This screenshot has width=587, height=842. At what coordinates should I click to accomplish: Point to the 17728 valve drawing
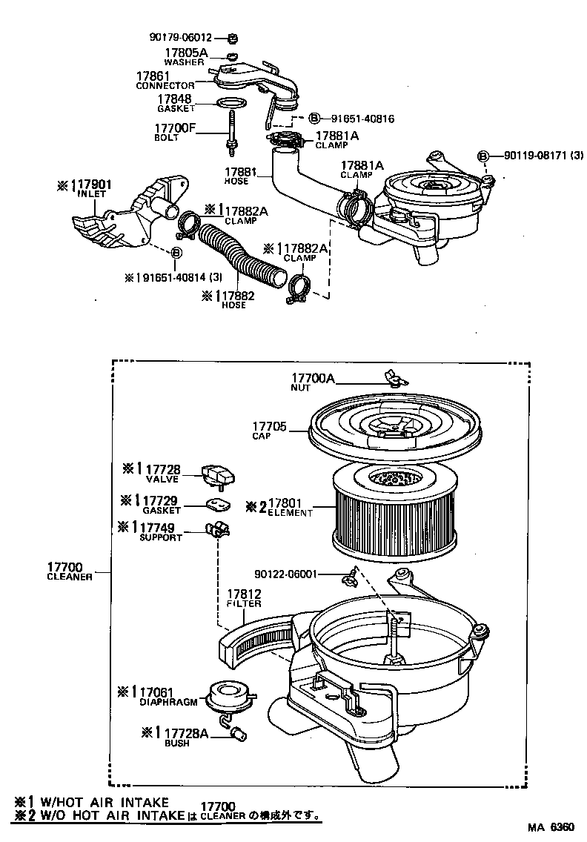point(218,473)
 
